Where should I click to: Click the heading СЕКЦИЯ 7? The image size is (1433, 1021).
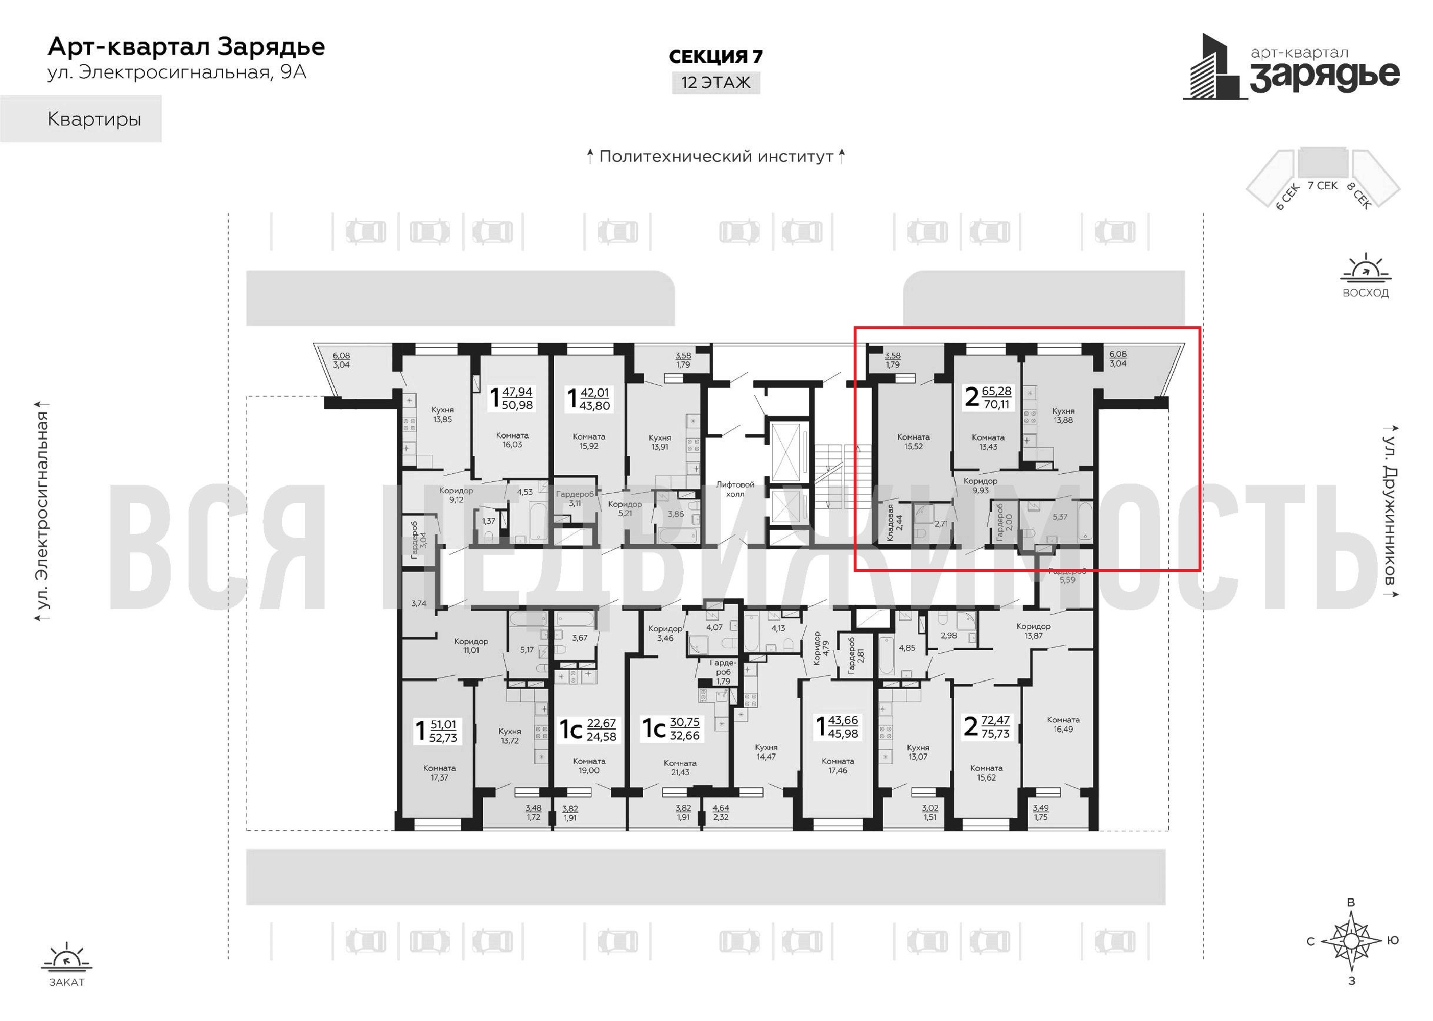point(715,57)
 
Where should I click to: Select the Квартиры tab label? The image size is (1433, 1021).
point(94,119)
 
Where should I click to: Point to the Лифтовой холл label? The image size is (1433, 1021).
point(735,489)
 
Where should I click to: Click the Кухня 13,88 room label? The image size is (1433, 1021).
point(1063,416)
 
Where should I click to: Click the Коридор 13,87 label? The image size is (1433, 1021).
point(1033,630)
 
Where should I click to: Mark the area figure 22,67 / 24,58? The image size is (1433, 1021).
point(601,730)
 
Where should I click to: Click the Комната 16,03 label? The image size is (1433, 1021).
point(512,440)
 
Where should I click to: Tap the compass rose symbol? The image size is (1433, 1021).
point(1351,940)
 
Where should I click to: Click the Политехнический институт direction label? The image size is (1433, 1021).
point(715,157)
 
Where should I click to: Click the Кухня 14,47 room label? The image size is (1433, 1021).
point(767,752)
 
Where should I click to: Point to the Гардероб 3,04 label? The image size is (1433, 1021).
point(419,540)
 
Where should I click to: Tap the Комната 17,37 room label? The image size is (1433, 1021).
point(440,773)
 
